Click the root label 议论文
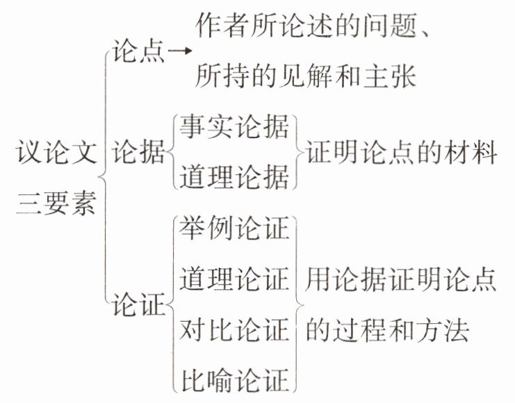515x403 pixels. (56, 153)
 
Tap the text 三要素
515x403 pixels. (56, 204)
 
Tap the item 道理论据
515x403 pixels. (234, 178)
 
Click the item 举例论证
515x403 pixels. (234, 228)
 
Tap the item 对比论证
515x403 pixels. (234, 329)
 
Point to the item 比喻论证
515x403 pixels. (234, 380)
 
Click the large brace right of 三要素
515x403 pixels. (103, 179)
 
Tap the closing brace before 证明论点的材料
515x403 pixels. (297, 153)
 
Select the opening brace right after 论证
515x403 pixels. (171, 304)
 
